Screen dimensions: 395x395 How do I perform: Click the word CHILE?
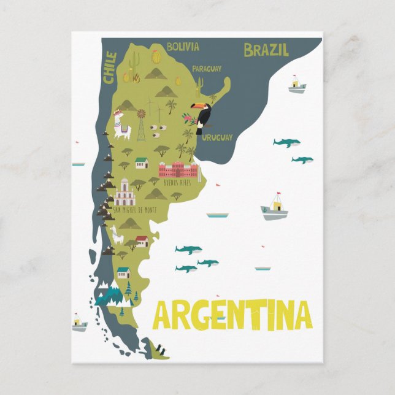(110, 67)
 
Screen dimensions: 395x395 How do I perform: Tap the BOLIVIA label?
(183, 47)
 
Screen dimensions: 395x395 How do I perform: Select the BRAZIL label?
(266, 50)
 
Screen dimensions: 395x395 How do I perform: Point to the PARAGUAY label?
(207, 69)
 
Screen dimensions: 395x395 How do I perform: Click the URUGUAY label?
(217, 137)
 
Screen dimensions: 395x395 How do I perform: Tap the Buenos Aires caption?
(179, 182)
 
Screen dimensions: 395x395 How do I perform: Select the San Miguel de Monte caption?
(134, 210)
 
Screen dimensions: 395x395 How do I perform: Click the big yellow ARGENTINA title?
(232, 315)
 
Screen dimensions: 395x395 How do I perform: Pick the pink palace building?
(179, 169)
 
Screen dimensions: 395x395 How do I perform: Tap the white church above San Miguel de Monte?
(124, 193)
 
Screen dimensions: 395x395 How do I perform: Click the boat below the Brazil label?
(297, 85)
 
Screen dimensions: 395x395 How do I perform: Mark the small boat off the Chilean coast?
(79, 323)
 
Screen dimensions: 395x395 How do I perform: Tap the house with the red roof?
(142, 240)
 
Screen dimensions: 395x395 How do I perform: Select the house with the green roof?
(141, 163)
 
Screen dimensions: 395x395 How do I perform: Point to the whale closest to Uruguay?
(286, 142)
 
